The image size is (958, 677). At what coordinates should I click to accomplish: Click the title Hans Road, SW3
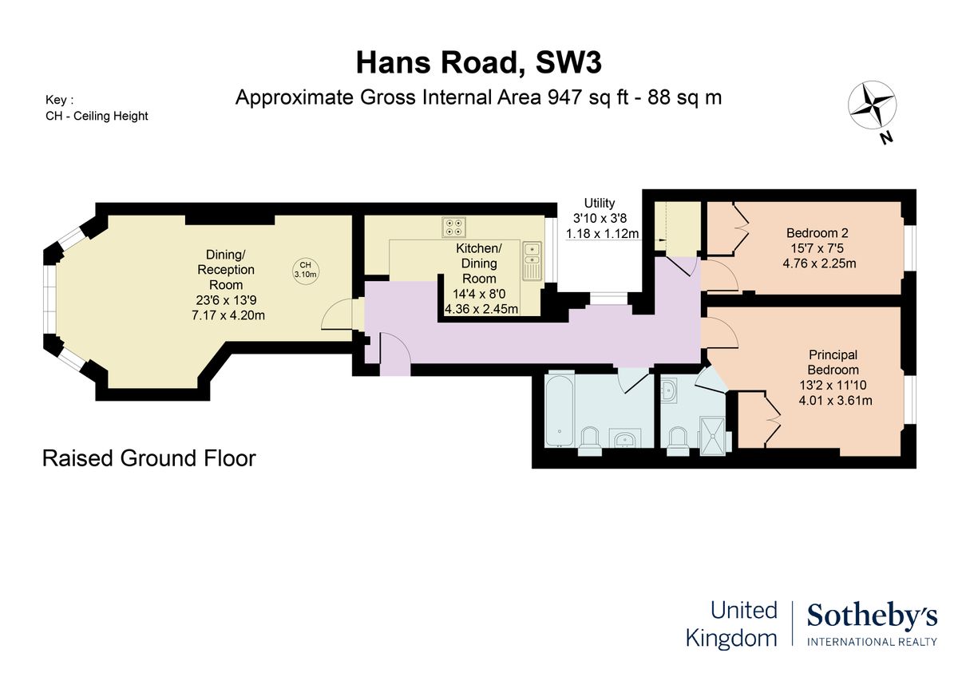point(478,63)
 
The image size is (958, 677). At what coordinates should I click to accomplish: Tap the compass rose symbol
point(872,105)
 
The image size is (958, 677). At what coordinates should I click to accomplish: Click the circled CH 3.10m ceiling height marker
point(305,270)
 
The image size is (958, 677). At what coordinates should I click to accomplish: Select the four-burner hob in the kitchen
point(453,227)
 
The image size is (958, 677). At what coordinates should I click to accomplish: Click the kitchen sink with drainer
point(532,261)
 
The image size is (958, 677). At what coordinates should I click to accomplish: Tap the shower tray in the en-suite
point(712,436)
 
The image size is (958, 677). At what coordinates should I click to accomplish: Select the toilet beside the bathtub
point(590,441)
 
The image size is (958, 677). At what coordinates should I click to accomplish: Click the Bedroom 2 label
point(817,233)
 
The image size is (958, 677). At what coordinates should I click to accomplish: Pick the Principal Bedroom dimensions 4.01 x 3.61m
point(835,401)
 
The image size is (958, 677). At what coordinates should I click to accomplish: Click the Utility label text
point(600,203)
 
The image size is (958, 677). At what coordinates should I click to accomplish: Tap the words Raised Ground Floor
point(148,458)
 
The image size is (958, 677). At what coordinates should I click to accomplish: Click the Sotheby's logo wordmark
point(872,617)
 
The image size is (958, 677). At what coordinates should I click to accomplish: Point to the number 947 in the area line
point(564,97)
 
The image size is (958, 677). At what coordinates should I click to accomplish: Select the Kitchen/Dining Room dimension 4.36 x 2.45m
point(481,309)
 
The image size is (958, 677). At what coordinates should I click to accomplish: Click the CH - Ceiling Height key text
point(97,116)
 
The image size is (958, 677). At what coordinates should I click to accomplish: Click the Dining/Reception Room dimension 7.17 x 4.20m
point(228,315)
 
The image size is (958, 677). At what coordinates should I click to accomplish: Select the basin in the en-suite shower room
point(668,390)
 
